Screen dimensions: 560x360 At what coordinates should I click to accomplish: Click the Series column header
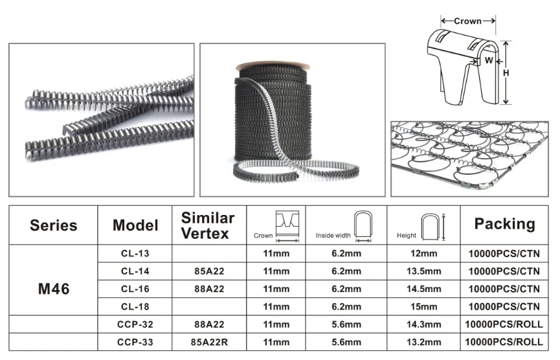53,225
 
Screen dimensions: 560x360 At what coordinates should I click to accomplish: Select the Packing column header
504,224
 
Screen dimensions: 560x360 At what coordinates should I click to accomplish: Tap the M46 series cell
53,289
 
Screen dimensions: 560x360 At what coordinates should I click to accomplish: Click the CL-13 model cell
135,253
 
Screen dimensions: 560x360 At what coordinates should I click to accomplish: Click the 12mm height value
424,253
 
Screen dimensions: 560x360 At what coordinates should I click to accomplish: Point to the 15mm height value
424,306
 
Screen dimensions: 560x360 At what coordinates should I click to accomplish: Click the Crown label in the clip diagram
467,21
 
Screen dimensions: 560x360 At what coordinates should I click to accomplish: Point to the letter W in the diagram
489,61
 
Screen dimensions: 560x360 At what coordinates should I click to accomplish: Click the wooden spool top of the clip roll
273,65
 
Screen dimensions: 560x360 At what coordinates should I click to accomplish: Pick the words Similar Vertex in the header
207,225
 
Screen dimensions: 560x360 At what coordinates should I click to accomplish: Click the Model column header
135,225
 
